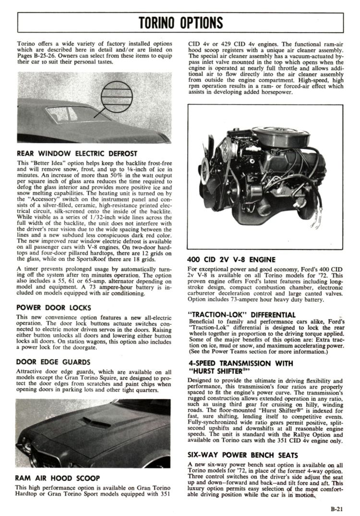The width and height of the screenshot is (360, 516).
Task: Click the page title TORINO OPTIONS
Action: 180,22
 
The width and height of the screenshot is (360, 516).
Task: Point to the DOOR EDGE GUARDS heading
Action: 53,361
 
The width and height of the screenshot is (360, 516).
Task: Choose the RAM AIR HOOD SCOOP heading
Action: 58,478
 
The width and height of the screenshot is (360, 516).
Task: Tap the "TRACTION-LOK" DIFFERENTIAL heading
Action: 241,315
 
